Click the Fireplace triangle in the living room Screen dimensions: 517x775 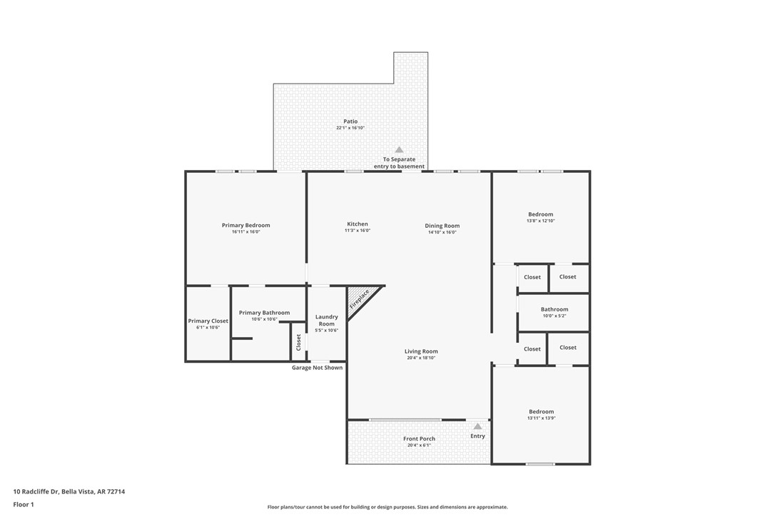(x=360, y=300)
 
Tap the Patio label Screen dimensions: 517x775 (x=350, y=121)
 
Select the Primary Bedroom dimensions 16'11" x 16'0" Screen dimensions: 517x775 (x=245, y=232)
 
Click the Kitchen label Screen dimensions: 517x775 (x=358, y=224)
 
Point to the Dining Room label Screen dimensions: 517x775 (x=442, y=226)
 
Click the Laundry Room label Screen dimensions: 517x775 (x=326, y=320)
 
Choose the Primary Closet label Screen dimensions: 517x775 (x=208, y=321)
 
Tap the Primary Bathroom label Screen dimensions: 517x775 (x=264, y=313)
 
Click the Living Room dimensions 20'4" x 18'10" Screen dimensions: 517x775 (x=421, y=358)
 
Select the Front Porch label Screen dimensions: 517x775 (x=419, y=439)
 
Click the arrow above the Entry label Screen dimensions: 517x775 (x=477, y=426)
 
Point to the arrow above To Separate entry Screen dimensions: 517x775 (x=399, y=149)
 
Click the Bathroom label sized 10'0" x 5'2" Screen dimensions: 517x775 (x=554, y=309)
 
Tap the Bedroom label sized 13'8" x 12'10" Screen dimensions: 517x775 (x=540, y=214)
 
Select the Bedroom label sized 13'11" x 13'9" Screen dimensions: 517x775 (x=541, y=411)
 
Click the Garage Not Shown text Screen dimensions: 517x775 (x=317, y=368)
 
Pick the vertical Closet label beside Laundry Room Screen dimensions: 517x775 (x=298, y=341)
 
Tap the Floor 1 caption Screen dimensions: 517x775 (x=24, y=504)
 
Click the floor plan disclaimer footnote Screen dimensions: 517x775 (x=387, y=507)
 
